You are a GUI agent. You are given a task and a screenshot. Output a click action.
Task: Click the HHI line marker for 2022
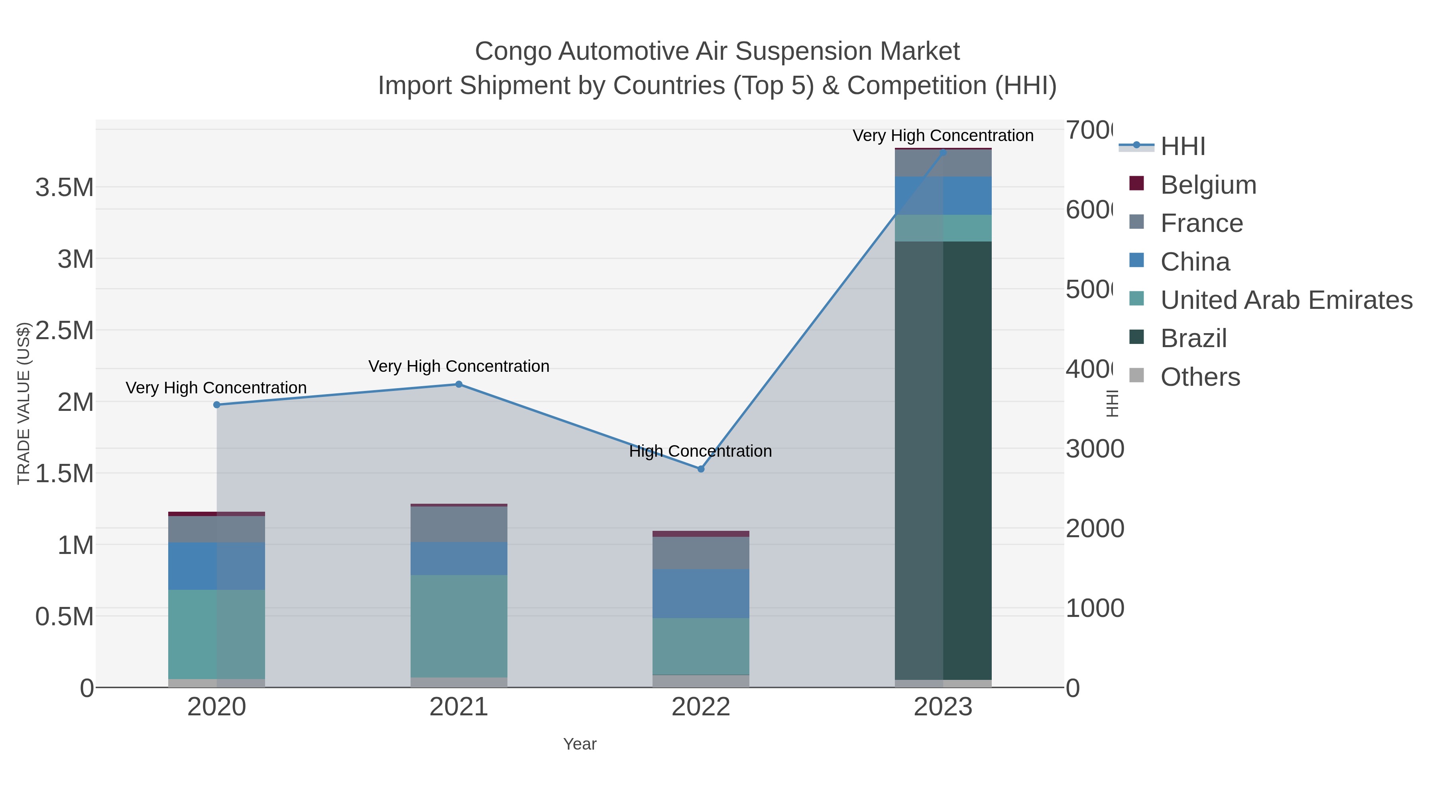click(x=701, y=469)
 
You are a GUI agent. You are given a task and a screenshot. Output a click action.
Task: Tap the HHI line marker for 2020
click(x=217, y=405)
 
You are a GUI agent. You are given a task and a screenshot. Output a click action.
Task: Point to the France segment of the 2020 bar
click(x=217, y=529)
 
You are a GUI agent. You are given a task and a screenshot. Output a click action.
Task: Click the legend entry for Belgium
click(x=1208, y=185)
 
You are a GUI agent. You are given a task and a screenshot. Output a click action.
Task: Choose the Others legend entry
click(x=1200, y=377)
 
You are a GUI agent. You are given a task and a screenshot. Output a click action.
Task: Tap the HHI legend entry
click(x=1183, y=147)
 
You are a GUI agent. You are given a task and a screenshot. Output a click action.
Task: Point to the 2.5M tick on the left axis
click(x=65, y=330)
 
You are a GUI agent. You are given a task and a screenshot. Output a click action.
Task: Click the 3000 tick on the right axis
click(x=1095, y=449)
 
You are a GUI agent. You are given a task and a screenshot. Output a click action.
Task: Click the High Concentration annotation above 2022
click(x=700, y=451)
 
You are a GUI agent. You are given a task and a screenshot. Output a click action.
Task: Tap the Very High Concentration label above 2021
click(x=458, y=367)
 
